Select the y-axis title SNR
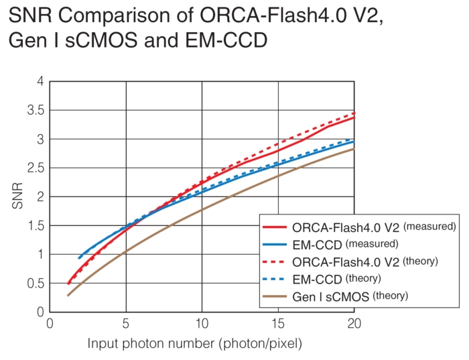(x=17, y=196)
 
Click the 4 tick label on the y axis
(x=40, y=81)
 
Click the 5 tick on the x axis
(x=125, y=323)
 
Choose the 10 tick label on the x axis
(x=202, y=323)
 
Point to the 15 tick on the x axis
(x=277, y=323)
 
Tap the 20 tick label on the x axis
(x=353, y=323)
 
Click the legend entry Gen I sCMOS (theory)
(x=348, y=295)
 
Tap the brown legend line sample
(x=276, y=295)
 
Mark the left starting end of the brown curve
(x=68, y=295)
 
